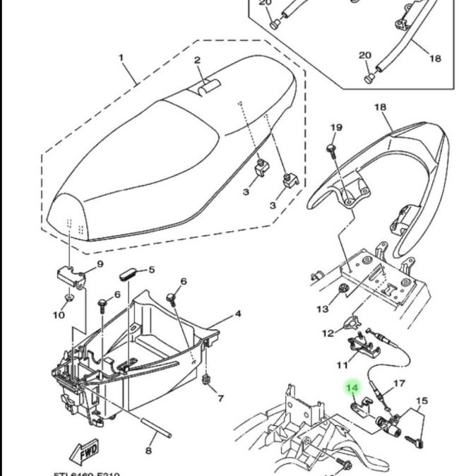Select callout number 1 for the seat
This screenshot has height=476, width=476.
coord(121,57)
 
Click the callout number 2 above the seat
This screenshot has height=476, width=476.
coord(197,61)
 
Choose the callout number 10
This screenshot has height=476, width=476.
coord(59,314)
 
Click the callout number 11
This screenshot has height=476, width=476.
coord(342,365)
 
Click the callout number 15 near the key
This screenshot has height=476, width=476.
coord(422,401)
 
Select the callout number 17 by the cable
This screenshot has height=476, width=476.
coord(399,384)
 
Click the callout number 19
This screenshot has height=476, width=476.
coord(337,128)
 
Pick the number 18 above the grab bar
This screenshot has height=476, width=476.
coord(380,107)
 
